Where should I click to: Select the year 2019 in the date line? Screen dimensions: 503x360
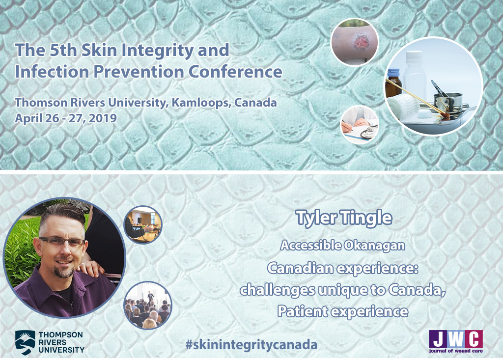click(103, 118)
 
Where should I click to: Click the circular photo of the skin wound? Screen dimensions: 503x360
click(355, 42)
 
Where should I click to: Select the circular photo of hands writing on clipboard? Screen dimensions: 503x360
click(360, 124)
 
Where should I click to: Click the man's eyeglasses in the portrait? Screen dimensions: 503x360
click(61, 242)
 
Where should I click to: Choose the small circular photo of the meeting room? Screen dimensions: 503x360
click(143, 224)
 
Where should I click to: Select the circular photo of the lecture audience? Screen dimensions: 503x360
click(148, 305)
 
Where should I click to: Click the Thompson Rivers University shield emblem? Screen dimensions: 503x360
click(25, 342)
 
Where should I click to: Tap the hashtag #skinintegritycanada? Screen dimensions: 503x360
click(251, 345)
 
